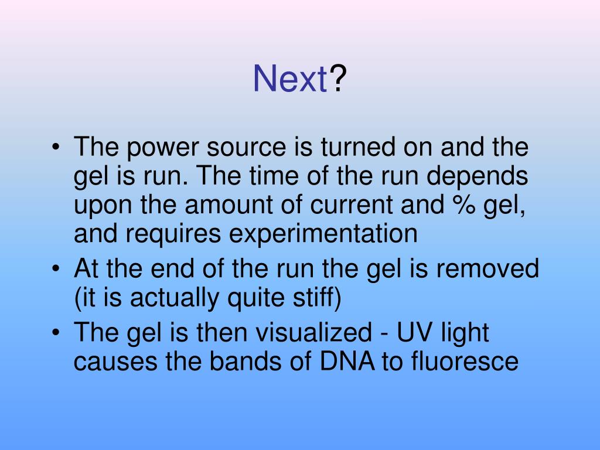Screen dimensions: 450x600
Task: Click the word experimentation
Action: click(x=323, y=235)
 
